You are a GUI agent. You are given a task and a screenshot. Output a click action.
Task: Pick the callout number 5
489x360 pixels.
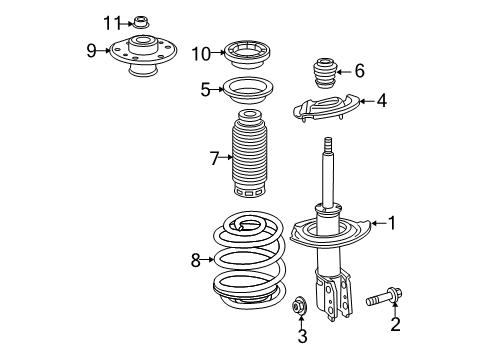[205, 89]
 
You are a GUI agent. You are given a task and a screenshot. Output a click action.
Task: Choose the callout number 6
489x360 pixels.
[360, 69]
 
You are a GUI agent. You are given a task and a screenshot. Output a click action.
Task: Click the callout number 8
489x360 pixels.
[197, 261]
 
